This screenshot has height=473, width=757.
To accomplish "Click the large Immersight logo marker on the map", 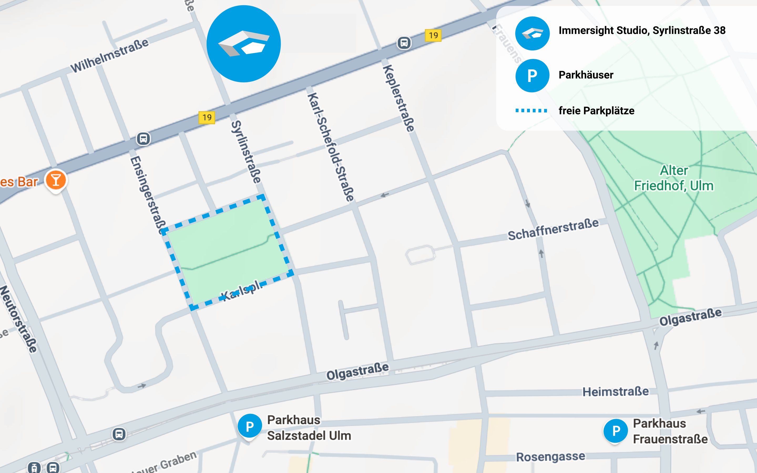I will tap(243, 44).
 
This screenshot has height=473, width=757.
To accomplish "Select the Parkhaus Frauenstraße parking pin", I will tap(615, 431).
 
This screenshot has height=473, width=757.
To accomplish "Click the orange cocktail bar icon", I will tap(56, 180).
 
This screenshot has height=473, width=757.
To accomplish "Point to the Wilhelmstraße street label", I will tap(110, 56).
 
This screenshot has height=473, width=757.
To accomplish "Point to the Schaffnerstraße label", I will tap(553, 230).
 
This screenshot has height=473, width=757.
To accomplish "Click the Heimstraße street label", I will tap(615, 391).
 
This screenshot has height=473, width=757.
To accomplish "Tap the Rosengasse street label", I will tap(550, 456).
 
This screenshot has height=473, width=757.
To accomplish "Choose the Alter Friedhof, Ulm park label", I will tap(673, 178).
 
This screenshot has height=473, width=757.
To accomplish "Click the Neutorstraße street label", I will tap(19, 319).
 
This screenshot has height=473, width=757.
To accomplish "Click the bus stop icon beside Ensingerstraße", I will tap(143, 138).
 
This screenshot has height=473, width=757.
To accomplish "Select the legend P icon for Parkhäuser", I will tap(532, 75).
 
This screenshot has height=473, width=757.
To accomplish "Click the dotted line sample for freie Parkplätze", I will tap(531, 110).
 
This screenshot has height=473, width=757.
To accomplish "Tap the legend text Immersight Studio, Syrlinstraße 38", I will tap(642, 30).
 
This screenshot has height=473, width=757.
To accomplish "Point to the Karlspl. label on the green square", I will tap(241, 290).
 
